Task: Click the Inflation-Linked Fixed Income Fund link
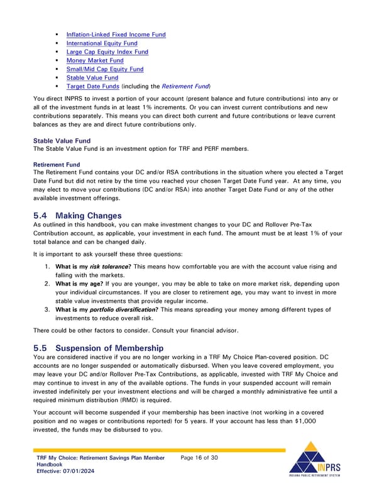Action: pyautogui.click(x=116, y=34)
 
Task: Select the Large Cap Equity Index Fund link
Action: pyautogui.click(x=107, y=52)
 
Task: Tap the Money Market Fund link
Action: pyautogui.click(x=94, y=60)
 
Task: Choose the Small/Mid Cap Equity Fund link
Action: pyautogui.click(x=104, y=69)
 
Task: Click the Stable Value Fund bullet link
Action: pyautogui.click(x=92, y=78)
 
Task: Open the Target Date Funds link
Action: pyautogui.click(x=92, y=86)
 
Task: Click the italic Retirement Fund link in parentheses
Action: pyautogui.click(x=185, y=86)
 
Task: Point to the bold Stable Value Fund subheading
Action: pyautogui.click(x=62, y=140)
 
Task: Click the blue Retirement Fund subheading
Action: pyautogui.click(x=56, y=164)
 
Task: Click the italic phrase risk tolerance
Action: pyautogui.click(x=107, y=267)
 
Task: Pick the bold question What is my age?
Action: pyautogui.click(x=81, y=284)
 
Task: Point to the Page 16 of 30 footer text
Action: pyautogui.click(x=199, y=457)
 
